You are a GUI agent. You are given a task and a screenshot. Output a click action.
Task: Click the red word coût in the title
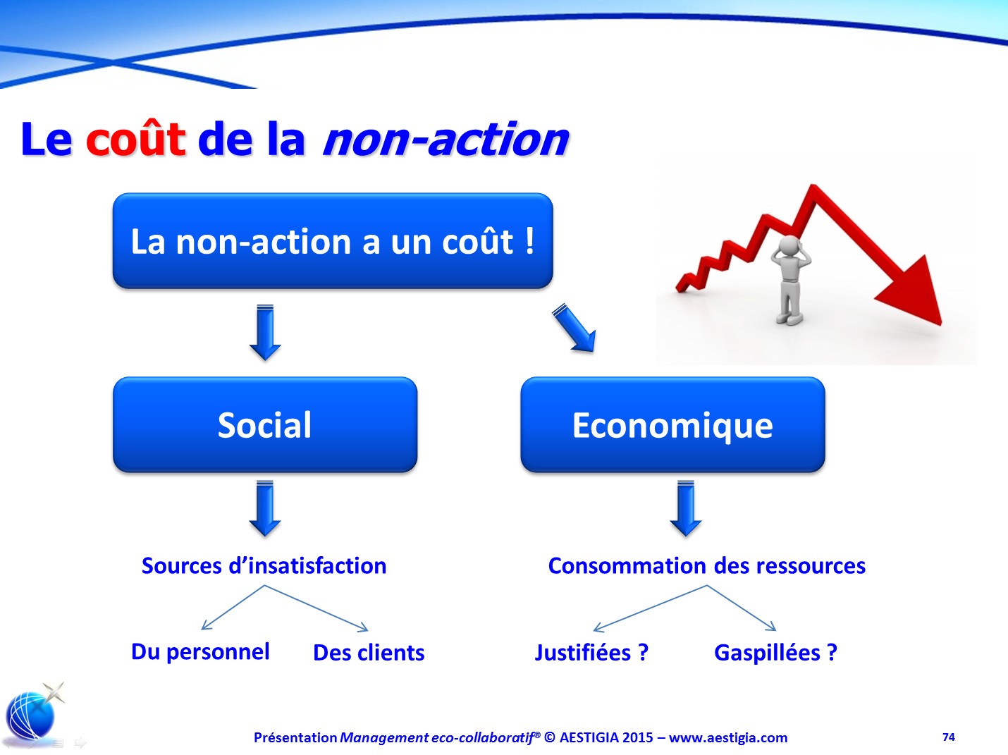[136, 139]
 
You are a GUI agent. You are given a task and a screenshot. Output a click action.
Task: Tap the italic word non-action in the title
[446, 140]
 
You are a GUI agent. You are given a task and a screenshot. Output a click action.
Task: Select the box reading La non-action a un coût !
[333, 240]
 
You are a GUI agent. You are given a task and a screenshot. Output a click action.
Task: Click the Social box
[265, 425]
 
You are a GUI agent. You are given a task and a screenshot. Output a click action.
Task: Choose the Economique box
[672, 425]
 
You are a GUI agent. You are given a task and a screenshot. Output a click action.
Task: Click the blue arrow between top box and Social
[265, 332]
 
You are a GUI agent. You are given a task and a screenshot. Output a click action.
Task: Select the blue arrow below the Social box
[265, 508]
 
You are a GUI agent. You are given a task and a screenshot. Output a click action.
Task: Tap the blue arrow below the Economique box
[686, 508]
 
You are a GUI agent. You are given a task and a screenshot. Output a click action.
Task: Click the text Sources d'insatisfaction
[264, 566]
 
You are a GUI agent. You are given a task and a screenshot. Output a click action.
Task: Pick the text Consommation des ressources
[707, 566]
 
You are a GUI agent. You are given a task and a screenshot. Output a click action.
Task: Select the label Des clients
[369, 653]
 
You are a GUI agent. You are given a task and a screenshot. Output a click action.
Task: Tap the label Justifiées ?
[591, 653]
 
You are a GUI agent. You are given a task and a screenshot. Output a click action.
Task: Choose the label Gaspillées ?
[775, 653]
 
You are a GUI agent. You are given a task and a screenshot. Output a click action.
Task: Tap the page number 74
[948, 737]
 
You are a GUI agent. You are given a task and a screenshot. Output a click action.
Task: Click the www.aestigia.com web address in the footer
[728, 737]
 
